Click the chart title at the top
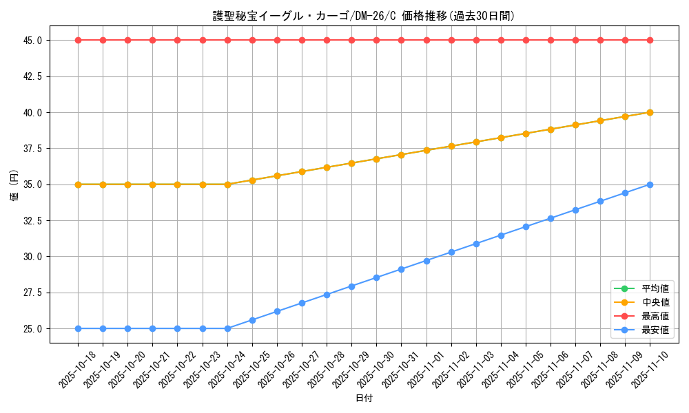pos(363,16)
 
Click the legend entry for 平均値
pos(655,288)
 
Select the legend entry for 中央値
pos(655,302)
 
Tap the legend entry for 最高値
pos(655,316)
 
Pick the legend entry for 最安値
pos(655,330)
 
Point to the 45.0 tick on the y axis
pos(32,41)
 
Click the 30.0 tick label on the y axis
pos(32,257)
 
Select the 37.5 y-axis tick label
pos(32,149)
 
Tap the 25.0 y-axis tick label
pos(32,329)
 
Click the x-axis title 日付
pos(364,399)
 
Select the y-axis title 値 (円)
pos(14,184)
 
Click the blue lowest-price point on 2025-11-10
pos(650,184)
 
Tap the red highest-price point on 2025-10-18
pos(78,40)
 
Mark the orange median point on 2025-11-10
pos(650,112)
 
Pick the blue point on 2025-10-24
pos(227,328)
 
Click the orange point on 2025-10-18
pos(78,184)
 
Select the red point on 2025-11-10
pos(650,40)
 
